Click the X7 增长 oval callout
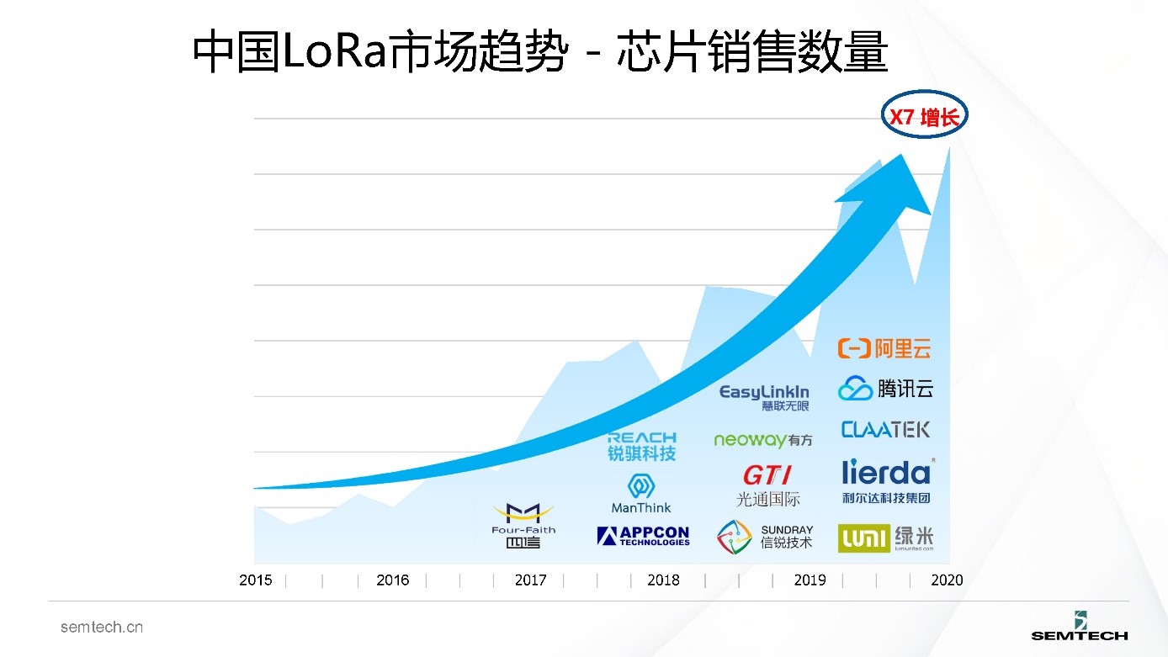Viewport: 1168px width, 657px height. pyautogui.click(x=924, y=117)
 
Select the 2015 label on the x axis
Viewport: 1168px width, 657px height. pyautogui.click(x=256, y=580)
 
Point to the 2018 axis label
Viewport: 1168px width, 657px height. pyautogui.click(x=663, y=580)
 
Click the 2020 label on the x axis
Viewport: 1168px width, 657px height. pyautogui.click(x=947, y=580)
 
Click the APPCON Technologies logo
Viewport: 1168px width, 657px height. pyautogui.click(x=643, y=536)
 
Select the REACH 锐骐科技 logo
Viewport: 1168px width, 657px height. pyautogui.click(x=641, y=446)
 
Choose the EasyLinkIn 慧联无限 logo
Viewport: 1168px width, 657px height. pyautogui.click(x=764, y=397)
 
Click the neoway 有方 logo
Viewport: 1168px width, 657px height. pyautogui.click(x=763, y=440)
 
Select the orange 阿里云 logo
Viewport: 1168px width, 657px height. pyautogui.click(x=884, y=347)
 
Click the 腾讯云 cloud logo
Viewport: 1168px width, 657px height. pyautogui.click(x=885, y=389)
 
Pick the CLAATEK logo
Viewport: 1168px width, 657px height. pyautogui.click(x=885, y=430)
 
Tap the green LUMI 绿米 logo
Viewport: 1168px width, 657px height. pyautogui.click(x=885, y=538)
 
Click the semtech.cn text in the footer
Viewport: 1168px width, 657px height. pyautogui.click(x=101, y=628)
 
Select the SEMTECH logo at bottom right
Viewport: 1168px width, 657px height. pyautogui.click(x=1080, y=627)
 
